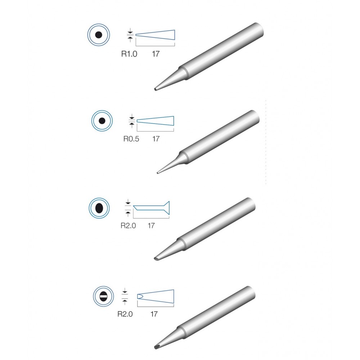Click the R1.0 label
click(x=129, y=54)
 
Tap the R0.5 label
click(x=131, y=139)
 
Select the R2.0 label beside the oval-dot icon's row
click(x=128, y=226)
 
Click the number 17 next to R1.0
click(x=156, y=54)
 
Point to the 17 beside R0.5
click(x=156, y=139)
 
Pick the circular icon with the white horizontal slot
click(x=104, y=296)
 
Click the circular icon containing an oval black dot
click(x=99, y=208)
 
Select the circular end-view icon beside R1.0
click(x=99, y=35)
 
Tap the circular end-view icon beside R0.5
click(x=102, y=121)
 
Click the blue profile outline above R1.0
click(x=155, y=35)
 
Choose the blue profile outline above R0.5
click(x=156, y=121)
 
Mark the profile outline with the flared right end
click(x=151, y=208)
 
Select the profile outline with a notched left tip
click(x=156, y=296)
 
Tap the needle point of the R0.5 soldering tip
click(x=158, y=173)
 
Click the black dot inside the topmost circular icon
click(x=99, y=35)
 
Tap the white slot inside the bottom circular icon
click(x=104, y=296)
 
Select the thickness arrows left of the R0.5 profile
click(x=131, y=121)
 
